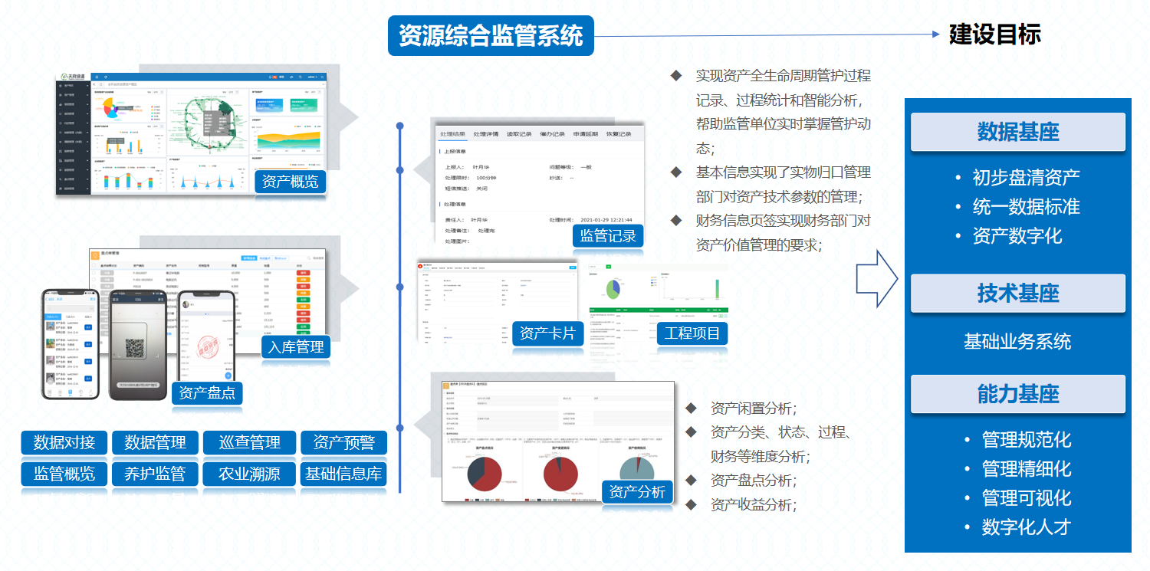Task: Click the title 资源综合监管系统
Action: point(491,35)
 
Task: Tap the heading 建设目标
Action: point(994,34)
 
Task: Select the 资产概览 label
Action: point(291,182)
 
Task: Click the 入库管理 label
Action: point(296,347)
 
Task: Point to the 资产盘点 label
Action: point(207,393)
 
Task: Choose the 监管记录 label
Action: point(608,235)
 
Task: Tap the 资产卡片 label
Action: point(547,333)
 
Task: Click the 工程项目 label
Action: point(692,333)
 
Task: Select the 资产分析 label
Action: point(637,491)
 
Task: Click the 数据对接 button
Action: point(64,442)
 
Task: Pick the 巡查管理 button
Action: point(250,442)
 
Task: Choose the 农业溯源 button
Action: point(250,474)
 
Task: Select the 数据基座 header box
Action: point(1017,132)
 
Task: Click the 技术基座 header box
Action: point(1017,293)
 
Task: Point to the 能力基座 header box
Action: point(1017,394)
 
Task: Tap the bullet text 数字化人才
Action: point(1026,527)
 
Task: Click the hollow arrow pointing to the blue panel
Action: point(876,278)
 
